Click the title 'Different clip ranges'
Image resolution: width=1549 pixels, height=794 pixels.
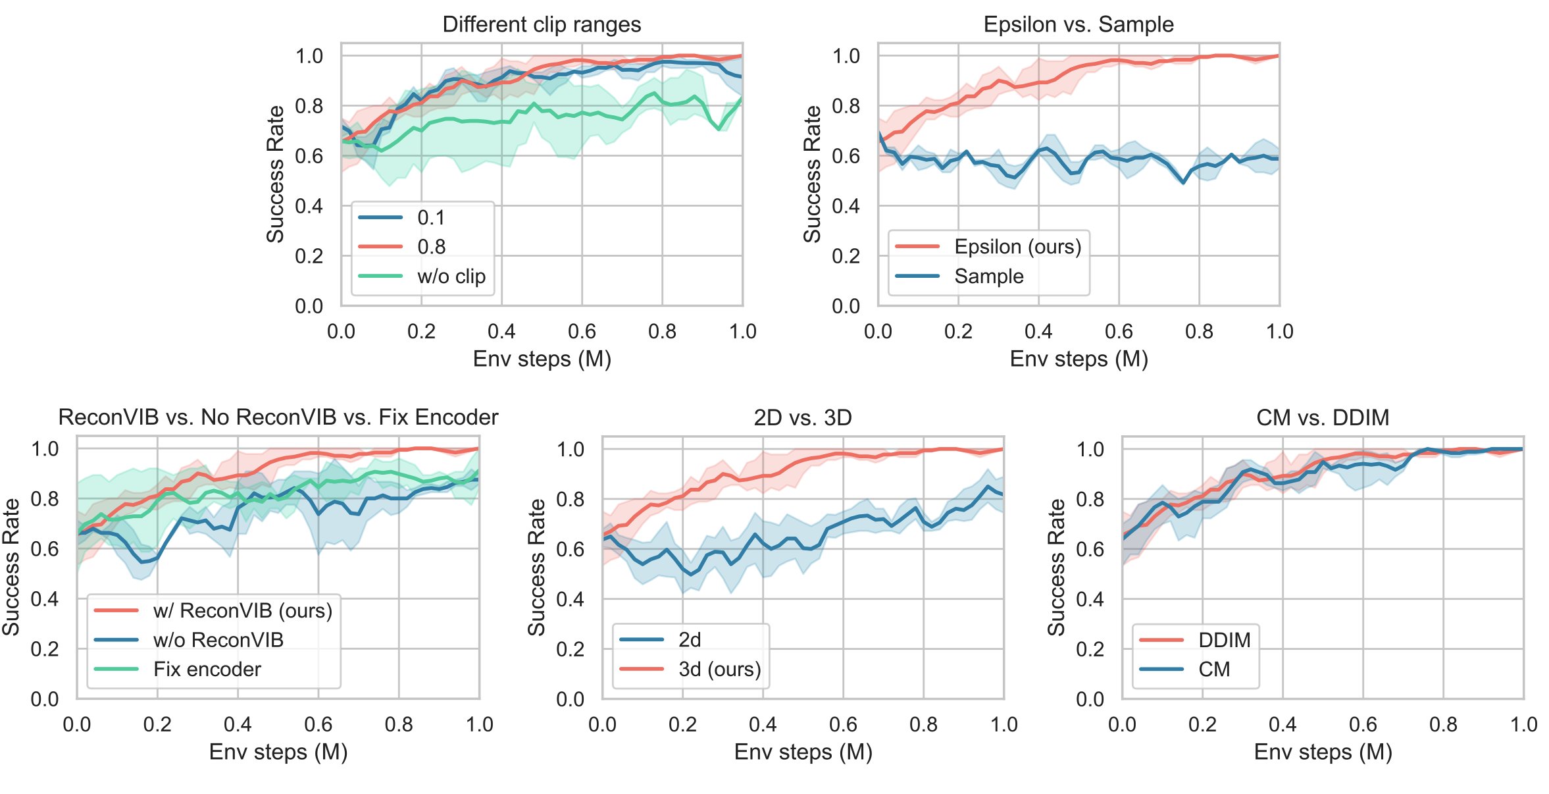click(x=541, y=24)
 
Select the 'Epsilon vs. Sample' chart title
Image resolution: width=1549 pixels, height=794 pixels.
click(x=1078, y=24)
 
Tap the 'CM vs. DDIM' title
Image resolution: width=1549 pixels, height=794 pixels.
click(x=1323, y=417)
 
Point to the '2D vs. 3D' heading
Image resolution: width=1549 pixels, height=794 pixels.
click(x=803, y=417)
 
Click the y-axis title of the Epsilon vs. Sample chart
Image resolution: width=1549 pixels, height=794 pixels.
click(x=813, y=174)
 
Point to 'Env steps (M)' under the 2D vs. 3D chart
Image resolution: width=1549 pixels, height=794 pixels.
click(x=803, y=752)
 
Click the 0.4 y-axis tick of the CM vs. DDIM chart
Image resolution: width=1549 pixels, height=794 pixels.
click(x=1090, y=599)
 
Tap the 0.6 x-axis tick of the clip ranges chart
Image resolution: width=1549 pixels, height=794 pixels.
click(x=582, y=331)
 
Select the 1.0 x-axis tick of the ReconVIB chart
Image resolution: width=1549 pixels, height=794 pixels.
click(x=479, y=724)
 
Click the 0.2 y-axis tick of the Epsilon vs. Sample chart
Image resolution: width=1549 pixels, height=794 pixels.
click(x=846, y=256)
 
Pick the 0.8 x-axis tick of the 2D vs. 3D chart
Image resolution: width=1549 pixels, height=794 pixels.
click(x=923, y=724)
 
